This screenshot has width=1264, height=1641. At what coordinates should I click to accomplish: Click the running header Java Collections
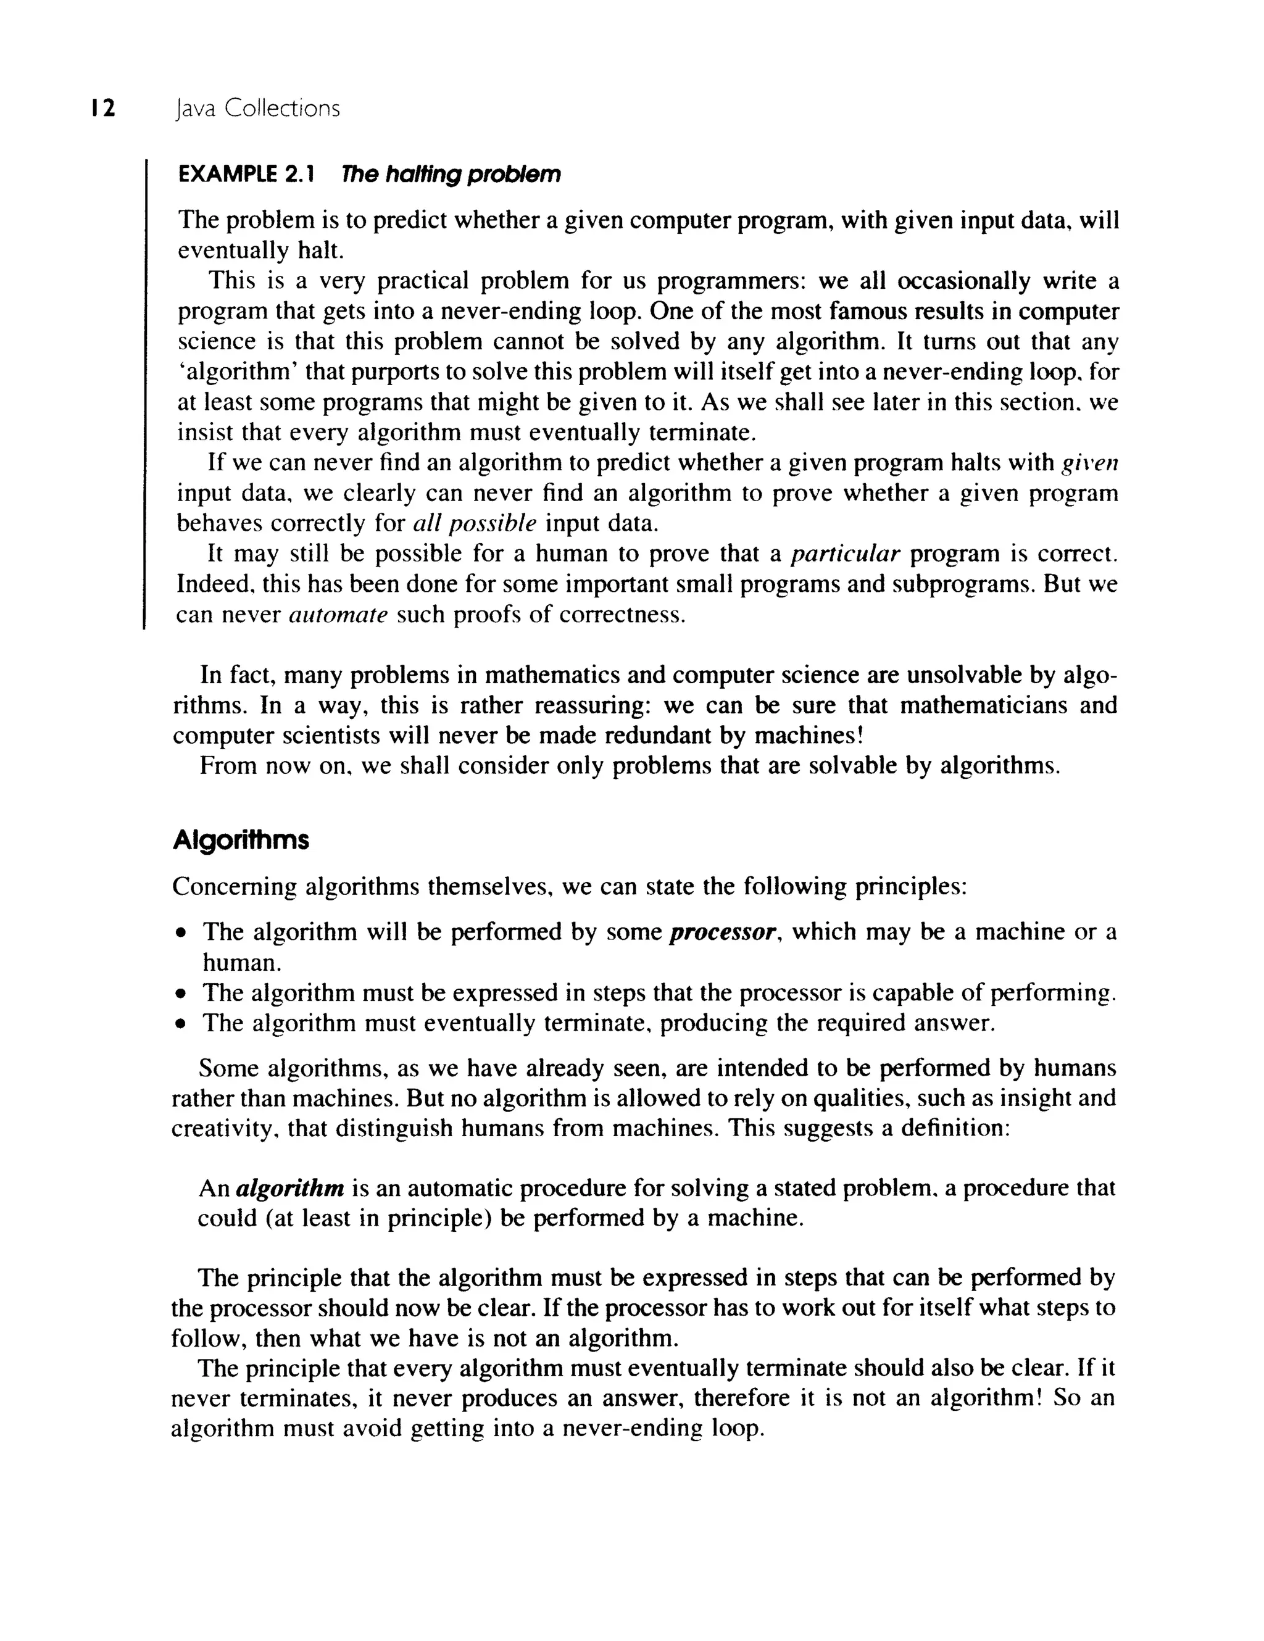256,109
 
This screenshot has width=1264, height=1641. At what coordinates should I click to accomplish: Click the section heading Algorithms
241,840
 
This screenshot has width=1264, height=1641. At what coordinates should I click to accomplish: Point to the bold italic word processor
722,933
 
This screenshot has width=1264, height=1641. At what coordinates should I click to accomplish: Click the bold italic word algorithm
290,1189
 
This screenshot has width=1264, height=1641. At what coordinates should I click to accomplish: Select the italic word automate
338,615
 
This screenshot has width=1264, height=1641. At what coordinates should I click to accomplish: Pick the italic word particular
846,555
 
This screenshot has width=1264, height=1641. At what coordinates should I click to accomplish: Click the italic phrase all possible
475,523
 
